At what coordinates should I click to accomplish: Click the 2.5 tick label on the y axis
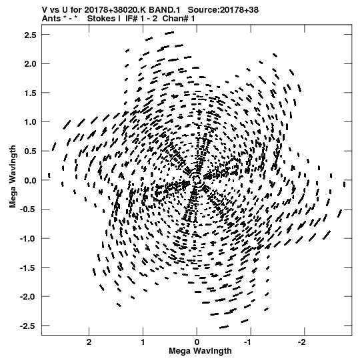click(30, 35)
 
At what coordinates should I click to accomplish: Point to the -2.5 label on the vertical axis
click(28, 326)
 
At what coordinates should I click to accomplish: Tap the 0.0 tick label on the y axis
click(30, 180)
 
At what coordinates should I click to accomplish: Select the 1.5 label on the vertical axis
click(30, 93)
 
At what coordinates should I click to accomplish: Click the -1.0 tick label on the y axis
click(28, 239)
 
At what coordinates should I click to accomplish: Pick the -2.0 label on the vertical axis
click(28, 297)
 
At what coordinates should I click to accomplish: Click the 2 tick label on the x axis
click(89, 342)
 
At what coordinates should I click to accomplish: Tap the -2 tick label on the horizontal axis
click(302, 342)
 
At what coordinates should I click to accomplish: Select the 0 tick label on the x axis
click(197, 342)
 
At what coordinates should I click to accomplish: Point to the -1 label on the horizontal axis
click(249, 342)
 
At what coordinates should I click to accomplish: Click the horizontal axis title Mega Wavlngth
click(200, 351)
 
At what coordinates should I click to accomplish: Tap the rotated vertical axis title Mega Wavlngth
click(13, 177)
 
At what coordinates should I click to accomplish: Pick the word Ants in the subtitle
click(51, 19)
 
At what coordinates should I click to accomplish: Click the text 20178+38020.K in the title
click(115, 10)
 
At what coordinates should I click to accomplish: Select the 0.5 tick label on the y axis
click(30, 151)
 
